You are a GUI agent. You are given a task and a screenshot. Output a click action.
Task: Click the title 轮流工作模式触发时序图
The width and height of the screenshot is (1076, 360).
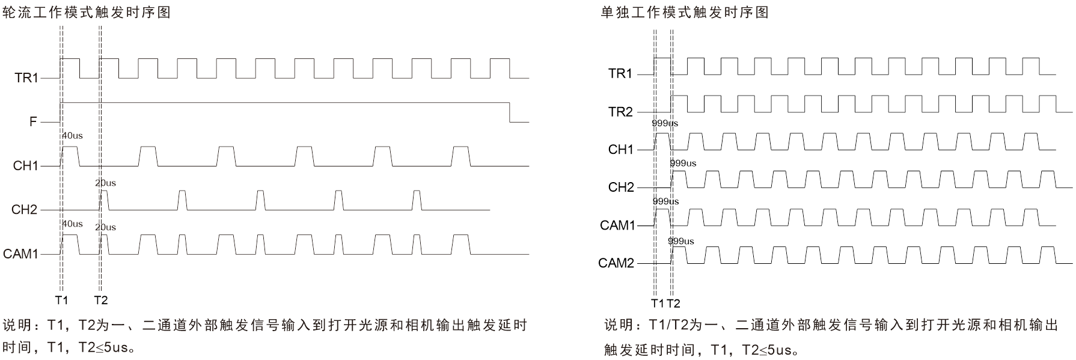coord(87,12)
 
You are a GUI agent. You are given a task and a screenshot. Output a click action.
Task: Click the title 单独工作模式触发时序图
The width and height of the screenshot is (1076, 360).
coord(685,12)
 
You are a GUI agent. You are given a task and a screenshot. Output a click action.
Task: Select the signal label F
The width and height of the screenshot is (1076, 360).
coord(33,122)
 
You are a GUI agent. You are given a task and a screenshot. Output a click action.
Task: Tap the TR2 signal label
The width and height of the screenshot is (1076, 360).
coord(620,112)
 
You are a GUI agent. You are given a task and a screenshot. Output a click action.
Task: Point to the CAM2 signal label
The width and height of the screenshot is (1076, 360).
coord(616,263)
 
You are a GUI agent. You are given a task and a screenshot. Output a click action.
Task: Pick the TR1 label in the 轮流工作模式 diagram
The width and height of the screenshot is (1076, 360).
coord(26,78)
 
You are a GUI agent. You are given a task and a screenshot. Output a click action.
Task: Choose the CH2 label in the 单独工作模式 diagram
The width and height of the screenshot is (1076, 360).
coord(621,188)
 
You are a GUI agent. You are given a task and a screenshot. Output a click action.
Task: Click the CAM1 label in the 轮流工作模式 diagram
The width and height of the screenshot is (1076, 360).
coord(20,254)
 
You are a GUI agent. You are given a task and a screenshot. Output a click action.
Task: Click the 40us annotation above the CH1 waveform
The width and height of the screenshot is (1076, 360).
coord(72,136)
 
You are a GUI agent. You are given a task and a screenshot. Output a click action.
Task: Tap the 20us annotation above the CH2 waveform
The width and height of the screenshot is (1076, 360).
coord(105,183)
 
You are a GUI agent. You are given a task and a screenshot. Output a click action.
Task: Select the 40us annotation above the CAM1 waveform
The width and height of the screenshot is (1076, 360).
coord(72,224)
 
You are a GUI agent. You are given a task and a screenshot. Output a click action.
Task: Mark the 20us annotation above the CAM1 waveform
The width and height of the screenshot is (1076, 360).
coord(105,227)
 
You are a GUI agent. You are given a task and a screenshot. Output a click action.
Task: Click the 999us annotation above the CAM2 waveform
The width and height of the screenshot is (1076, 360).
coord(680,241)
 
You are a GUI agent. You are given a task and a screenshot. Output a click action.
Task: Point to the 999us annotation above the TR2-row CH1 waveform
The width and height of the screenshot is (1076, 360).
coord(665,123)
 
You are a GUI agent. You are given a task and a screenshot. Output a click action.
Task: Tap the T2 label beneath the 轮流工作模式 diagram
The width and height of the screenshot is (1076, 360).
coord(100,300)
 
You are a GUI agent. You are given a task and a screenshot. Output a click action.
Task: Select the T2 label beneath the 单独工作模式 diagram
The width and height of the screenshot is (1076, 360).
coord(673,304)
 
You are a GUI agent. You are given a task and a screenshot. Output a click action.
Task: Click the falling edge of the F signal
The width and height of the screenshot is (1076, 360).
coord(510,112)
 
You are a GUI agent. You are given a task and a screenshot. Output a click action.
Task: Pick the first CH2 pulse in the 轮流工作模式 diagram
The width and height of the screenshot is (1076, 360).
coord(105,200)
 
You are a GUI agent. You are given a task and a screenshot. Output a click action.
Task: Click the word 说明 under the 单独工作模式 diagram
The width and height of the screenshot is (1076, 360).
coord(618,326)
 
